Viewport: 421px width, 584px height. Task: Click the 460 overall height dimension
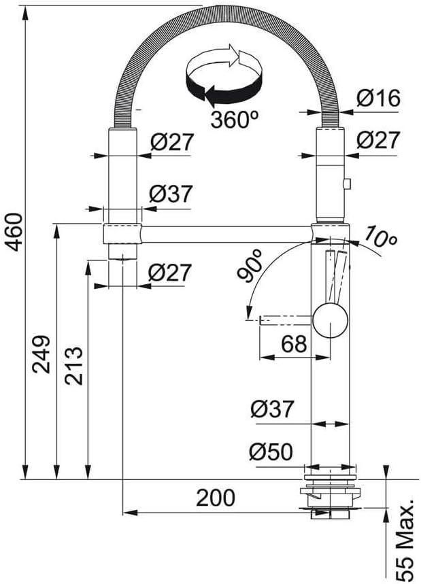[x=14, y=232]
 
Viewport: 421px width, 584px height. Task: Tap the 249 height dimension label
[x=41, y=354]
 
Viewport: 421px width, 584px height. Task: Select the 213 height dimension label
[x=73, y=366]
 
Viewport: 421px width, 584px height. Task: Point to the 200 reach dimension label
[x=216, y=498]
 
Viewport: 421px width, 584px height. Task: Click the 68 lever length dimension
[x=294, y=344]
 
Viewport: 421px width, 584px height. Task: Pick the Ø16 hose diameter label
[x=378, y=99]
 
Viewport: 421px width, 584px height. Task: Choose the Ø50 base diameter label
[x=271, y=452]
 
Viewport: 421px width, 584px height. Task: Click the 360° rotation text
[x=235, y=120]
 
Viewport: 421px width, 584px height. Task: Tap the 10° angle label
[x=380, y=237]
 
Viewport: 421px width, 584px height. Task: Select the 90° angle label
[x=250, y=266]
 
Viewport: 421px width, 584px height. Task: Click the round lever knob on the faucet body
[x=331, y=321]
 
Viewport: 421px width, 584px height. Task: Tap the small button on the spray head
[x=347, y=184]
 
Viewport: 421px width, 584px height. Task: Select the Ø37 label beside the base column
[x=272, y=409]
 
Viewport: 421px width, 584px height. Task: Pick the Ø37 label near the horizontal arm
[x=171, y=194]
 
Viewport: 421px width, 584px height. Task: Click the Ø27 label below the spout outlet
[x=169, y=273]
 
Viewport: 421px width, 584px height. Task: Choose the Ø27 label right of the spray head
[x=378, y=140]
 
